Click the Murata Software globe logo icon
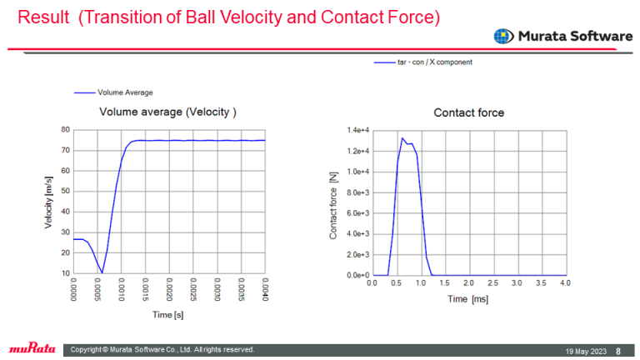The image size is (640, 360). [502, 36]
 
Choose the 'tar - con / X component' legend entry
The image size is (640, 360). [430, 62]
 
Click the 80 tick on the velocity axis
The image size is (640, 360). [65, 130]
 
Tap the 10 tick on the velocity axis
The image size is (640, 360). [65, 273]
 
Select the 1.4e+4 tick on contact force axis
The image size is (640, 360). [356, 131]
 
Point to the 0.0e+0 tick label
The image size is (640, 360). [356, 275]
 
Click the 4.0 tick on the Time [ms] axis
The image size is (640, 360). [565, 284]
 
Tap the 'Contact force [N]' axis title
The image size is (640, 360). [333, 202]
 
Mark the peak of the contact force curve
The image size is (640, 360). [402, 138]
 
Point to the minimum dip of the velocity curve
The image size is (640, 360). [102, 273]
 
